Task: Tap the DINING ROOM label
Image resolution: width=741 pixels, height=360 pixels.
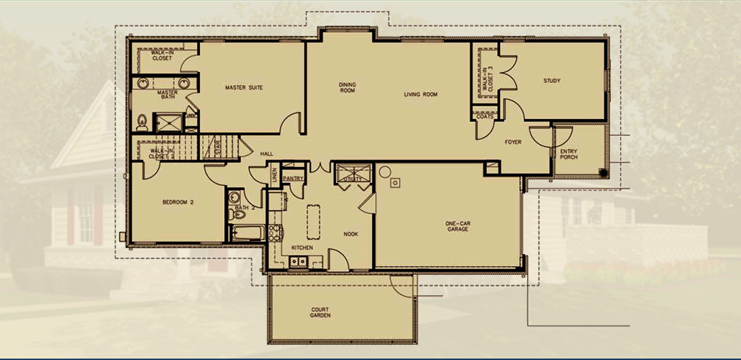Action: (x=348, y=87)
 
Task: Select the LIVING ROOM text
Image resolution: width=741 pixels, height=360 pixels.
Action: (x=420, y=95)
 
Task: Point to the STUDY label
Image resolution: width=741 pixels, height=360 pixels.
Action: (x=552, y=81)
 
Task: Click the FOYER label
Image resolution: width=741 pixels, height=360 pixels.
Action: (x=512, y=142)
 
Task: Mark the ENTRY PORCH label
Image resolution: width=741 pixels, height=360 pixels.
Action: (x=568, y=154)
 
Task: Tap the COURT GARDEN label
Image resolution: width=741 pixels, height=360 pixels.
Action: (x=320, y=313)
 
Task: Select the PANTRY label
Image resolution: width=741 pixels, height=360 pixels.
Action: (x=293, y=177)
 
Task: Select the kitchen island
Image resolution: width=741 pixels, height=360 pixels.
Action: (x=313, y=221)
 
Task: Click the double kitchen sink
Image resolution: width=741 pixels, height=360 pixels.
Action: (x=299, y=261)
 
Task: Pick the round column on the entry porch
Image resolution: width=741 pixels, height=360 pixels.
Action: (x=603, y=173)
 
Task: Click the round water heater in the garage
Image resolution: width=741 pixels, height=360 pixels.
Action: (x=384, y=172)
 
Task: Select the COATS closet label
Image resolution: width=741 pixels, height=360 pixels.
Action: (x=484, y=117)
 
